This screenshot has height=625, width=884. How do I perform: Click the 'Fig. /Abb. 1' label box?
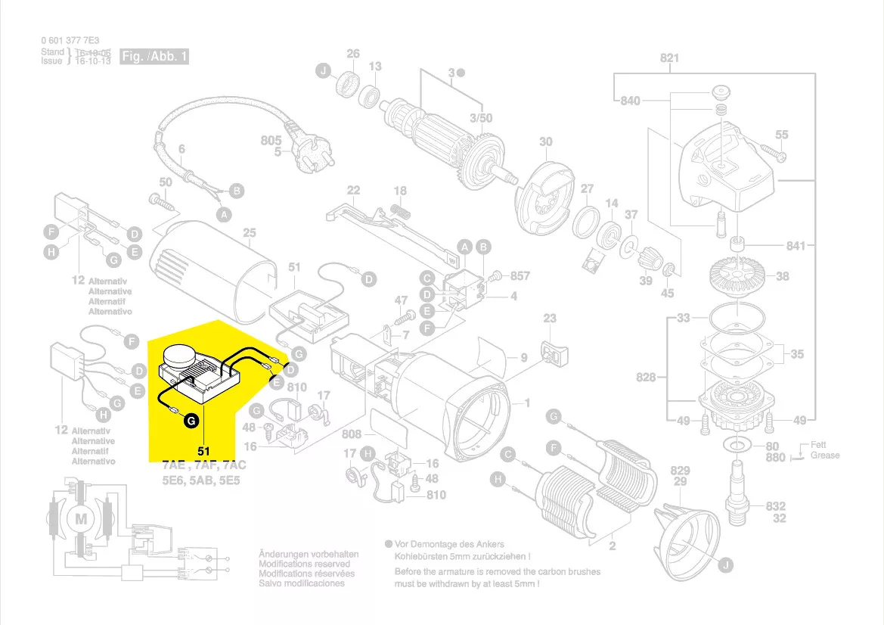(154, 57)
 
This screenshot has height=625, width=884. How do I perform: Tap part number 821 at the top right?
(669, 58)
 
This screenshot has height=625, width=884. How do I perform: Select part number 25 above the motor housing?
(250, 233)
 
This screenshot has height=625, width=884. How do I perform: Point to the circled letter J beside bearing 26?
(323, 71)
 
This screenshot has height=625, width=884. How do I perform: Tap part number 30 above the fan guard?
(545, 142)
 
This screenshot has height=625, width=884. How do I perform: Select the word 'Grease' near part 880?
(825, 456)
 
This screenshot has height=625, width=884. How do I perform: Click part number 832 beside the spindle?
(775, 506)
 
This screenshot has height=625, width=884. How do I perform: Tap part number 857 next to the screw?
(520, 276)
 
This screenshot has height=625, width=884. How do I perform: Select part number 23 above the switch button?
(550, 319)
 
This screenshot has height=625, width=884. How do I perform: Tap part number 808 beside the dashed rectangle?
(352, 435)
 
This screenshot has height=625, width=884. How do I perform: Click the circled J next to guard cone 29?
(726, 564)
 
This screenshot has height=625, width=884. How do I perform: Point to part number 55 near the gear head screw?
(781, 135)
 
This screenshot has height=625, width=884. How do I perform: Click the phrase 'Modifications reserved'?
(304, 564)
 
